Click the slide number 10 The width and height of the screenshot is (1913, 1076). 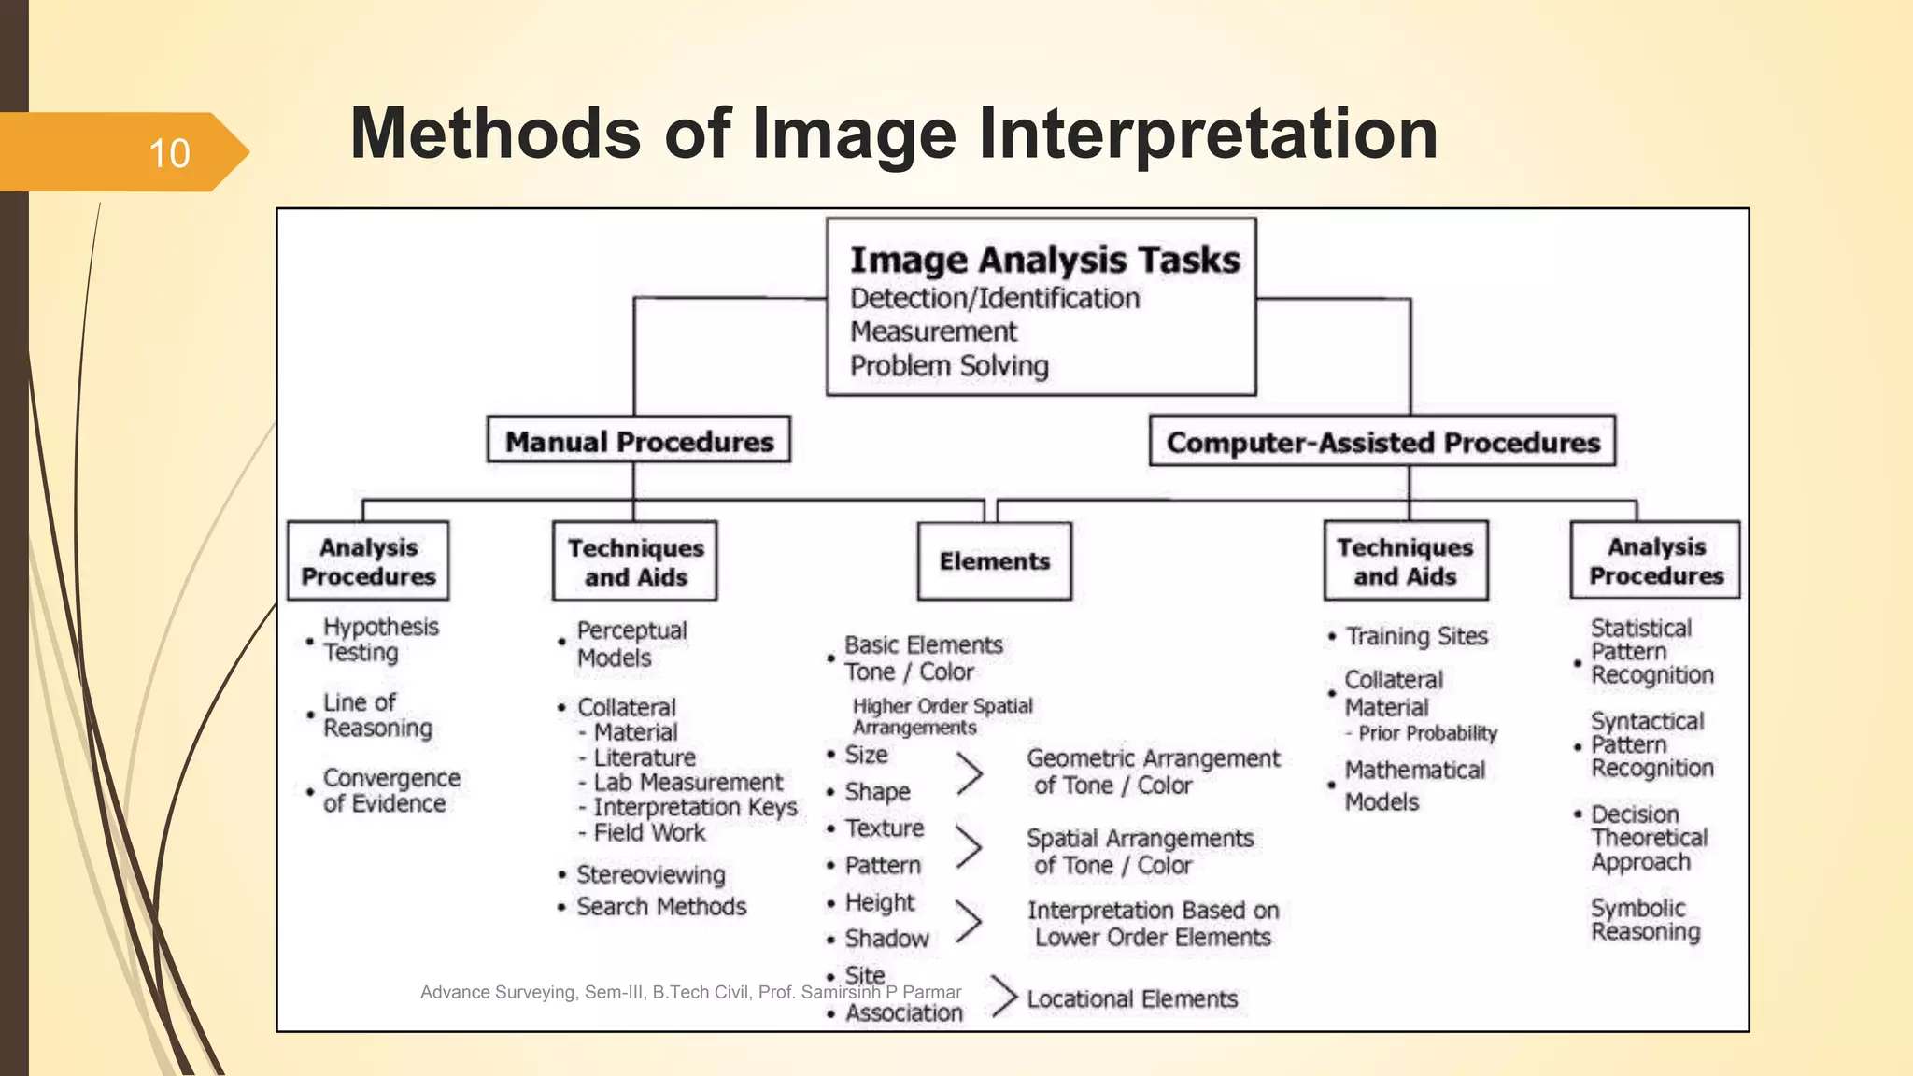coord(169,153)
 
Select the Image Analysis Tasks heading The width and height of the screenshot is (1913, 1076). coord(1044,260)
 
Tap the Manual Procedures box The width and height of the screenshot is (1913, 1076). coord(639,441)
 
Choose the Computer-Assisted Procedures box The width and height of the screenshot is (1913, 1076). coord(1382,442)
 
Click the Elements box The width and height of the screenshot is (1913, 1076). coord(994,561)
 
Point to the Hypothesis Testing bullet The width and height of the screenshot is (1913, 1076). coord(379,639)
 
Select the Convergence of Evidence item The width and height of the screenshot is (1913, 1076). coord(390,790)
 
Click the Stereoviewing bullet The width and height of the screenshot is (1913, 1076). coord(650,874)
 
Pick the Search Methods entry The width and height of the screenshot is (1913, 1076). coord(660,906)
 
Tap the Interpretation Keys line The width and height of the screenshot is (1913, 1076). coord(694,807)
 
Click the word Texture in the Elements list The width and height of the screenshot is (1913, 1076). coord(884,828)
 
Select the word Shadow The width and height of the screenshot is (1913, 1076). coord(886,939)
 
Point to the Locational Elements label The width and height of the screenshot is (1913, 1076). coord(1131,998)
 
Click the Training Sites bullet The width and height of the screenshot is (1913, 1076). coord(1415,636)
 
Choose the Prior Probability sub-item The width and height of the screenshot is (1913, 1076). coord(1426,733)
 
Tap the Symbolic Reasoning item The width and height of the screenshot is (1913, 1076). coord(1645,920)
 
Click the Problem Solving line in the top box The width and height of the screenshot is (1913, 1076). coord(949,365)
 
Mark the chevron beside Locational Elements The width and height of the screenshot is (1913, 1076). coord(1003,996)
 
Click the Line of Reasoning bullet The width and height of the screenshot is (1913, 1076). coord(376,715)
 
